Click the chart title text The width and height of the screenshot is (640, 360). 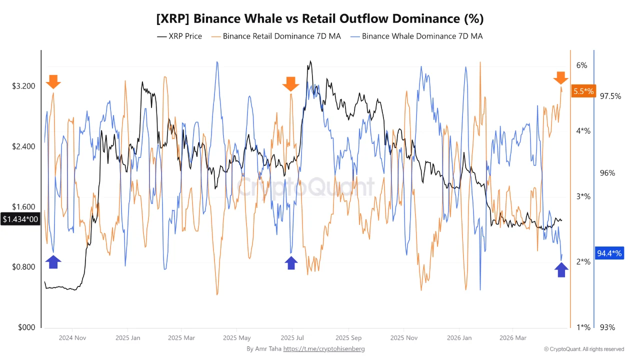pos(320,18)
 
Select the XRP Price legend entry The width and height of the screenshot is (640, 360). pos(179,36)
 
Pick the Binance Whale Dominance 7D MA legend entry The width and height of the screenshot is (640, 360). pos(417,36)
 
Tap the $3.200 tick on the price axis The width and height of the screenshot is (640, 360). pos(23,86)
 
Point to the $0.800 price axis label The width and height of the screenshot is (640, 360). pos(23,267)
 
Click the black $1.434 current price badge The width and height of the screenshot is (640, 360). pos(20,219)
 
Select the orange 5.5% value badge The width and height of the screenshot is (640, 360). pos(583,91)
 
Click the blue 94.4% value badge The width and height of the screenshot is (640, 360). pos(609,253)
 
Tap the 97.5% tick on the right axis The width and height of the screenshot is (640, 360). pos(610,96)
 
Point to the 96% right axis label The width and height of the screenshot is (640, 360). pos(607,173)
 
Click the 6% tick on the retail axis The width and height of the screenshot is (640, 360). pos(581,65)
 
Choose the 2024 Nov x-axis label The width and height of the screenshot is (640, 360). pos(72,337)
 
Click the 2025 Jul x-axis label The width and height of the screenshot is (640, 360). pos(292,337)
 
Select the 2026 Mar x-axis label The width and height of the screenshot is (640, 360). pos(514,337)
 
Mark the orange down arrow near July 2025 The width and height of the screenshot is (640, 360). pos(290,84)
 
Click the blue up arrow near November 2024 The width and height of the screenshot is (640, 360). pos(53,261)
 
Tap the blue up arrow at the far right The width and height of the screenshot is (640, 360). pos(561,270)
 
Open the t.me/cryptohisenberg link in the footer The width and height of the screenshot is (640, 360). pos(324,348)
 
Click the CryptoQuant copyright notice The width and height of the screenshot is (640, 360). pos(583,349)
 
